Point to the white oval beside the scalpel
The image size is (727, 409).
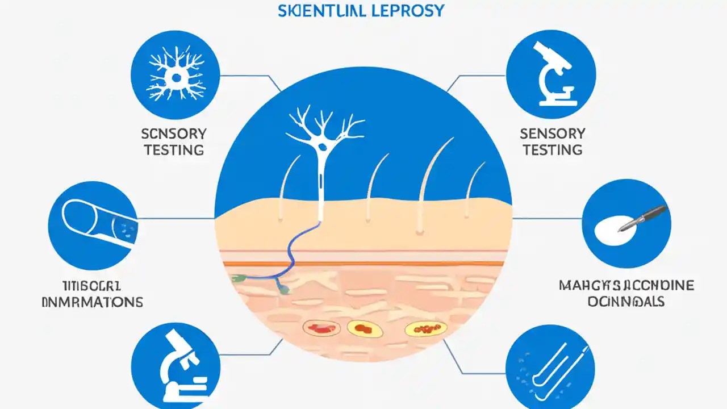(x=611, y=232)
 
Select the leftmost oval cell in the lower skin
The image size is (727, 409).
(x=321, y=328)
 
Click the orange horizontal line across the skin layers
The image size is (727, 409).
(x=363, y=264)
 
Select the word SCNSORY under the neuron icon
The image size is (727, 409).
(x=174, y=134)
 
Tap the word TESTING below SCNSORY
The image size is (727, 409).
(x=174, y=150)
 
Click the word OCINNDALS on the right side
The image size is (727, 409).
(x=626, y=302)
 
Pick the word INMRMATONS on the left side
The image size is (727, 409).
(x=93, y=302)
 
